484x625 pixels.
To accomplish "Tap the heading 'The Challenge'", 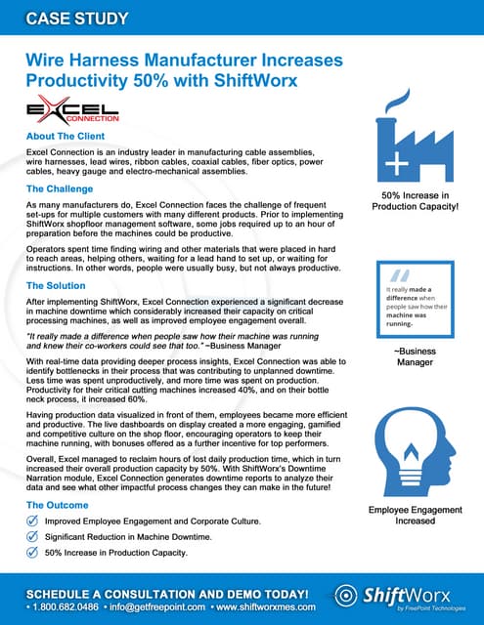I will click(x=61, y=187).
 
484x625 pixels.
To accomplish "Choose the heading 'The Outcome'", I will click(x=60, y=505).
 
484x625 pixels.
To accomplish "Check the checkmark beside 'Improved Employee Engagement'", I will click(x=33, y=522).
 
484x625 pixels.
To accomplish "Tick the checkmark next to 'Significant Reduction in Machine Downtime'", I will click(x=33, y=539).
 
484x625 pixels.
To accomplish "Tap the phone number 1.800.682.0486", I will click(x=61, y=606).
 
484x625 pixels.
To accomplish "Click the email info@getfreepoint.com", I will click(x=146, y=606).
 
